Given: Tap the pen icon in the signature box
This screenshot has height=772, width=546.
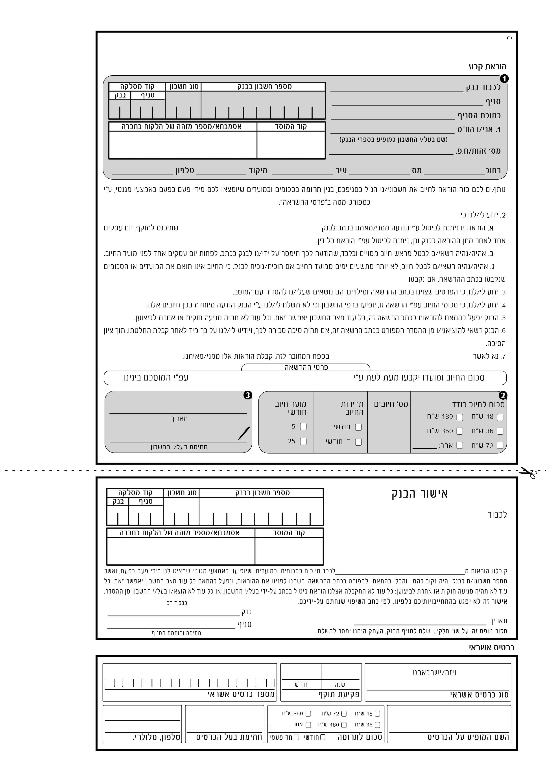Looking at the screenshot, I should (244, 433).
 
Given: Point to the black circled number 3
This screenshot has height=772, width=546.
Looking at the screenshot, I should (248, 395).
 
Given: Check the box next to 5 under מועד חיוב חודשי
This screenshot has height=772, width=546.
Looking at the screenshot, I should (303, 426).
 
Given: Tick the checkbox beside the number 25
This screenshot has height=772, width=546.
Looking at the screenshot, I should (303, 441).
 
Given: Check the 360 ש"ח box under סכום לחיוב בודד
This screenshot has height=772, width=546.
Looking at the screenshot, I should (459, 431).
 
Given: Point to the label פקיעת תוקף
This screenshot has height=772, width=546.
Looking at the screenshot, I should (339, 694).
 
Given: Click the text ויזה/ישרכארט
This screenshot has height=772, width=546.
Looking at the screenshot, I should (435, 673).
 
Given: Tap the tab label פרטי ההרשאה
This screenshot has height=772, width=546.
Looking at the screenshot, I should (306, 367).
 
